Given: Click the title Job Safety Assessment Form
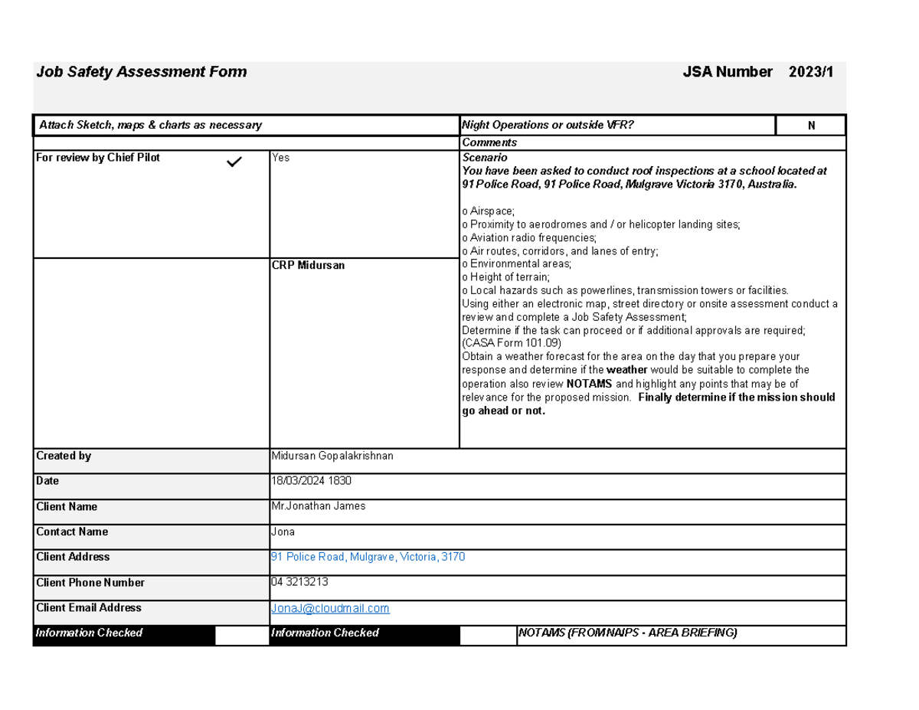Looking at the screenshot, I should (x=142, y=72).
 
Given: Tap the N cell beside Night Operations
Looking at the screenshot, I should (x=811, y=126).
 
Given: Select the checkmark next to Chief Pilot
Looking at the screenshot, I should (x=234, y=162).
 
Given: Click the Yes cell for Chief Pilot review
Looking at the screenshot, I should (x=280, y=158).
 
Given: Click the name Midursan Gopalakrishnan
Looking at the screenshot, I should (x=332, y=456).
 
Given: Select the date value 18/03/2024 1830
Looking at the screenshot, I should (x=312, y=481).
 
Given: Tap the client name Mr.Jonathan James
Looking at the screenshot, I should (x=319, y=506).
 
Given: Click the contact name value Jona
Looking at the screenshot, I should (x=283, y=532).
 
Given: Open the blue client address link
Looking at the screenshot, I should (x=368, y=557).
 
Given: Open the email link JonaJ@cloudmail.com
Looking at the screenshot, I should (x=330, y=608).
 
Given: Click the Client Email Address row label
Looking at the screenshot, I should (x=89, y=607).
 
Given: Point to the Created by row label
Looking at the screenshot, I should (x=64, y=456).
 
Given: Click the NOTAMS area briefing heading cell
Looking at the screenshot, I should (x=627, y=633).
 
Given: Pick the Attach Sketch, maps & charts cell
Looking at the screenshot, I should (x=149, y=125).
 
